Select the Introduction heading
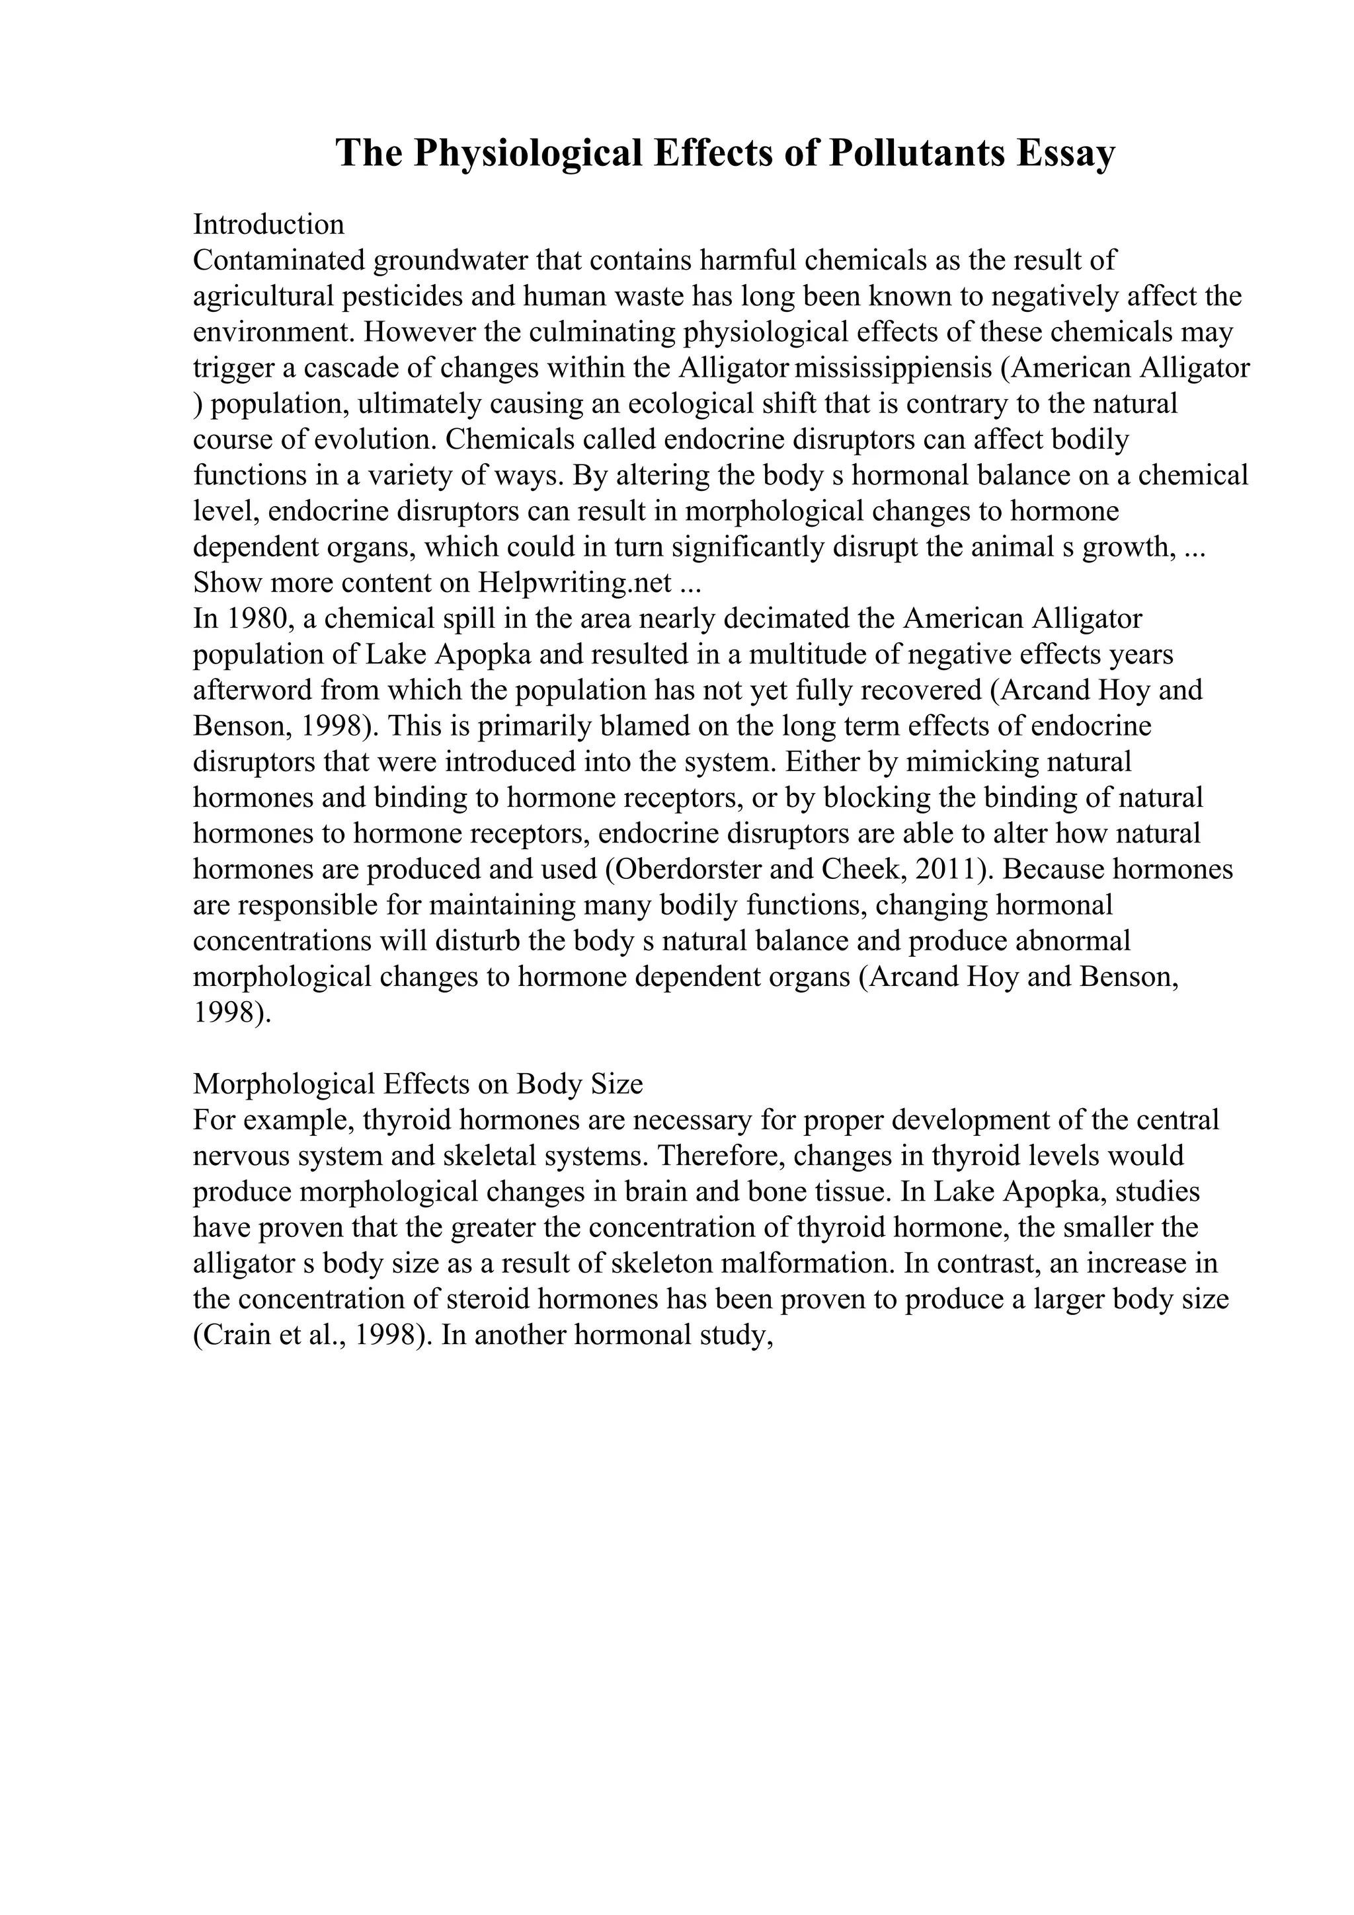[268, 225]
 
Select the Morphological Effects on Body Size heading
[418, 1084]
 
